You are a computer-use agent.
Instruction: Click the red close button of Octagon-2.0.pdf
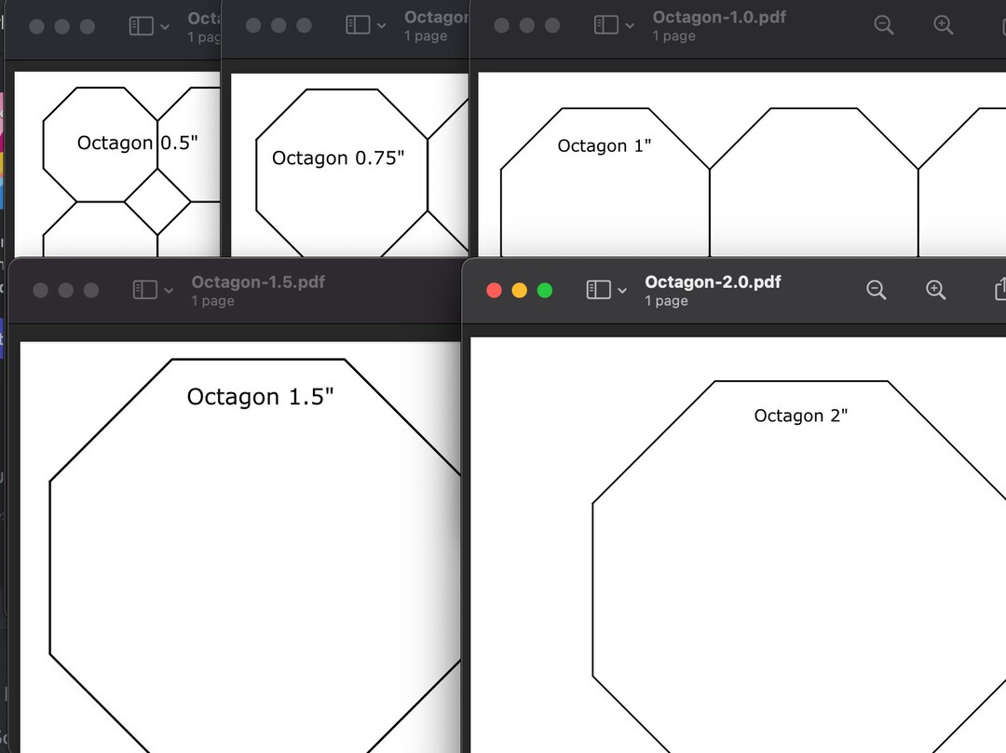(x=494, y=290)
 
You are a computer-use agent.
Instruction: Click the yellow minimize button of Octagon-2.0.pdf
(x=520, y=290)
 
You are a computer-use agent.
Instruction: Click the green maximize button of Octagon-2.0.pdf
(x=545, y=290)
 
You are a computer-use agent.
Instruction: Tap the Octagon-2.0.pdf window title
(x=713, y=282)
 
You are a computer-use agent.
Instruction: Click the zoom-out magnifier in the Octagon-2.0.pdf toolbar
(x=876, y=290)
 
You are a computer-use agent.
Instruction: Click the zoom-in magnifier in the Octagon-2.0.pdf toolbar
(x=936, y=290)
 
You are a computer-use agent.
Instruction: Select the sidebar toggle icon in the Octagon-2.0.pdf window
(x=598, y=290)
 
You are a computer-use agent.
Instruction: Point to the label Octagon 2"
(x=801, y=416)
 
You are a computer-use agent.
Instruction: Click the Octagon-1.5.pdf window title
(x=258, y=282)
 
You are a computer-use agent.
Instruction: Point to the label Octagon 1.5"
(x=260, y=396)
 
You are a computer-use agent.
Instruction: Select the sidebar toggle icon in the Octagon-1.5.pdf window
(x=144, y=290)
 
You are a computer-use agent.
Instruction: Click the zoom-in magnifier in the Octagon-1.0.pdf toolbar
(x=944, y=25)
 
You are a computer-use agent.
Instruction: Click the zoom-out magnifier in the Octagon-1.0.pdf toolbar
(x=884, y=25)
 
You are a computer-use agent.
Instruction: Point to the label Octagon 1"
(x=605, y=145)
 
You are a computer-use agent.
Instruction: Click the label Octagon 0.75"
(x=338, y=157)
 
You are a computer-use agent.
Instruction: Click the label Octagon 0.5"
(x=137, y=143)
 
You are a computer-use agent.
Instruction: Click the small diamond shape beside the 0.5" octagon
(x=157, y=201)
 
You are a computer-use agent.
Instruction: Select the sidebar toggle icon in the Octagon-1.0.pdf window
(x=605, y=25)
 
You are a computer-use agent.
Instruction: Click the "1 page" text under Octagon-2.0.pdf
(x=667, y=301)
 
